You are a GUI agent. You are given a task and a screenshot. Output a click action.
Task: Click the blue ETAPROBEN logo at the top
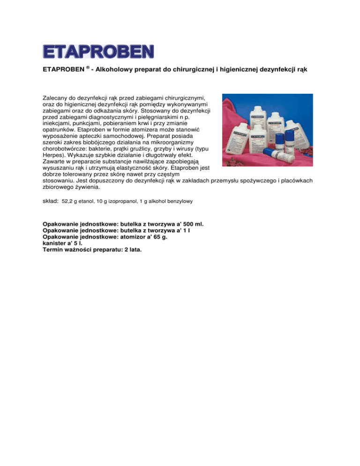point(98,51)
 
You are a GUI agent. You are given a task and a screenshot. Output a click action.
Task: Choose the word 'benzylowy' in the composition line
point(178,201)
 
